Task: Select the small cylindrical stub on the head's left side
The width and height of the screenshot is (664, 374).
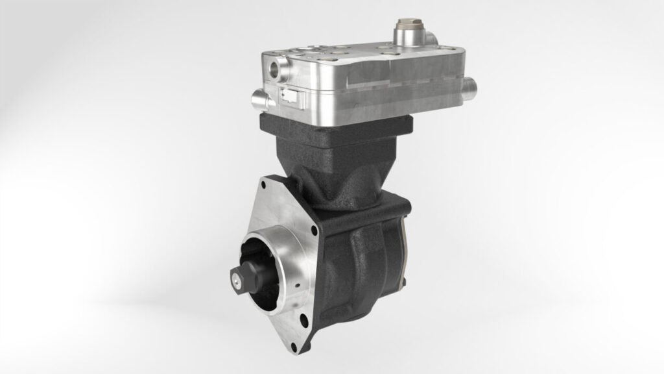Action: [259, 99]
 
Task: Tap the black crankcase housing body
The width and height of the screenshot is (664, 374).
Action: [363, 260]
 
